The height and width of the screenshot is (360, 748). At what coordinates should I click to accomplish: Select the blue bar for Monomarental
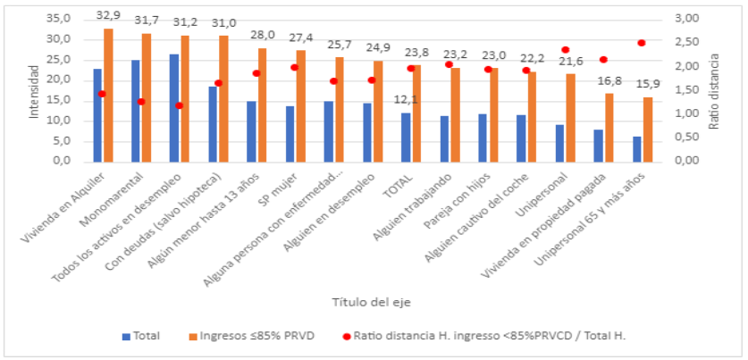coord(136,111)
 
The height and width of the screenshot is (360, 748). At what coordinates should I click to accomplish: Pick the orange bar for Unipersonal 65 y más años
coord(648,129)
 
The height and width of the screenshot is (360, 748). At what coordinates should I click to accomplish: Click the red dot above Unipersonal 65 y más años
coord(642,43)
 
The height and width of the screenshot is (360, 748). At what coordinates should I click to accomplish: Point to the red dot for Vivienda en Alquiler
coord(102,94)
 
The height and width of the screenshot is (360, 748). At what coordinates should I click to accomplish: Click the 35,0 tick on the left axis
coord(59,19)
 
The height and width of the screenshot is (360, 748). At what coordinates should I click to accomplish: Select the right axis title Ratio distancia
coord(714,91)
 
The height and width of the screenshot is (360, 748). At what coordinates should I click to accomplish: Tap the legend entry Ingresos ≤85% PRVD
coord(257,336)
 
